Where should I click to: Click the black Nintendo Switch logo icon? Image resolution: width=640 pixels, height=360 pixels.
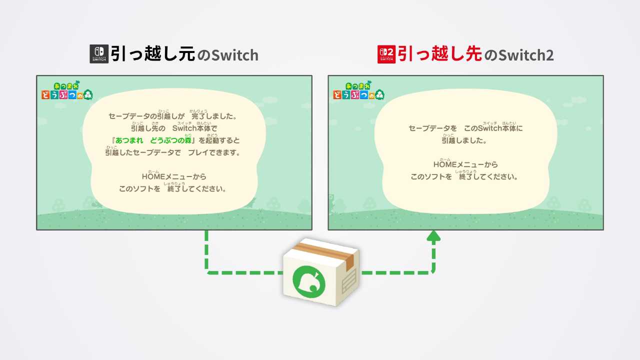(98, 54)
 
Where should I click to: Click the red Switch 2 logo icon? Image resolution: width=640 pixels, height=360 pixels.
(386, 54)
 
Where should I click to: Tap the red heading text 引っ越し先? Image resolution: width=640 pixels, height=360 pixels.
(439, 54)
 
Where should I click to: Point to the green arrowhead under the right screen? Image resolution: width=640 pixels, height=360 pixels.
(433, 236)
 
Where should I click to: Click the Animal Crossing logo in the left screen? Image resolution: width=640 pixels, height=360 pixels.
(66, 89)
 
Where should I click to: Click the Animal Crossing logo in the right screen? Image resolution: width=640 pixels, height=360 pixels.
(358, 89)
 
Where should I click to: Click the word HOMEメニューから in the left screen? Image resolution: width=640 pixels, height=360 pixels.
(174, 176)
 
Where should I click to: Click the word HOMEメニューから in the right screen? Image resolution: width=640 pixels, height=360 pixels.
(465, 164)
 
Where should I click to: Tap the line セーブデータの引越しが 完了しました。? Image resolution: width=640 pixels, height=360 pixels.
(172, 116)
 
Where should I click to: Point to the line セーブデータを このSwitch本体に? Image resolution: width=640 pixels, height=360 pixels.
(465, 128)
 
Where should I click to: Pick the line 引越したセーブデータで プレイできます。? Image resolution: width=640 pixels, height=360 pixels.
(172, 152)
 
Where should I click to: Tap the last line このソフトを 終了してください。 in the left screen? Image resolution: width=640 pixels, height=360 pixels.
(172, 189)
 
